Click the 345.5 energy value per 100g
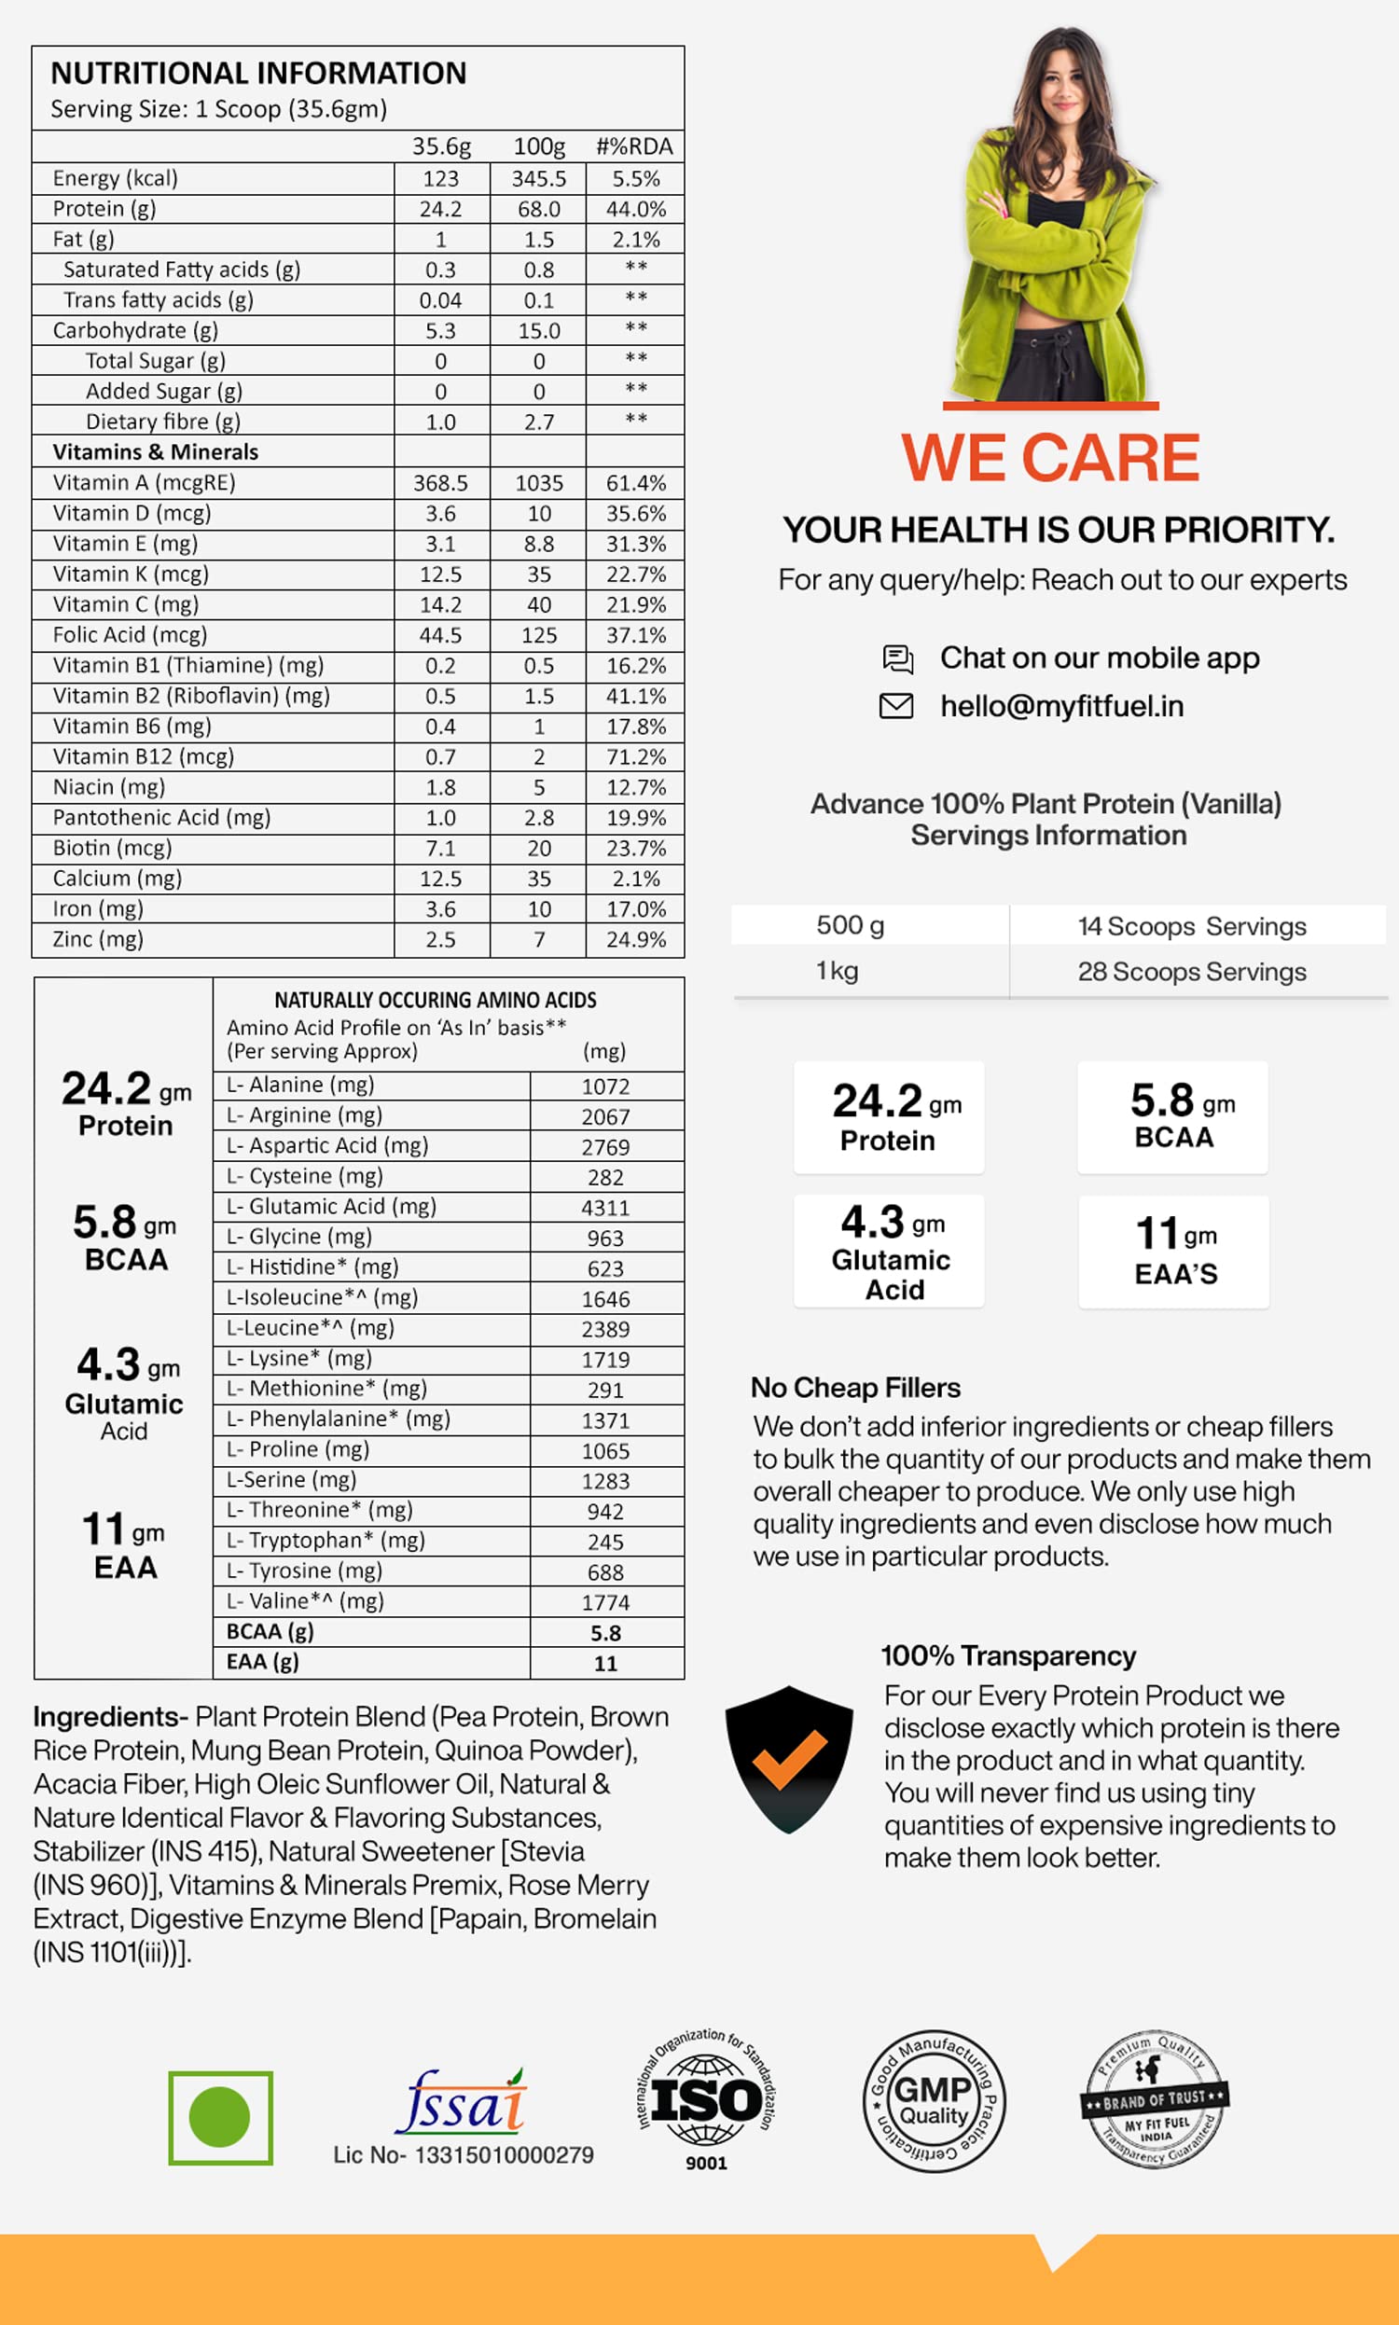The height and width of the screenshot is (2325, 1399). [x=538, y=179]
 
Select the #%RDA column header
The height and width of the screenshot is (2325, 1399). [x=634, y=147]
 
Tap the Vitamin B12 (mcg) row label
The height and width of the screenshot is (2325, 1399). [x=144, y=756]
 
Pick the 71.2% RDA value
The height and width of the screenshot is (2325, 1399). [x=635, y=756]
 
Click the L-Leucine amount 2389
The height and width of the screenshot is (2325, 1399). [x=605, y=1330]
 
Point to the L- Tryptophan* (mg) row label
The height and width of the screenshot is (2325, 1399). [x=326, y=1540]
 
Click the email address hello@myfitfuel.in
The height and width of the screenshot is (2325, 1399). [x=1061, y=706]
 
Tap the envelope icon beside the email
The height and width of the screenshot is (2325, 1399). [x=895, y=706]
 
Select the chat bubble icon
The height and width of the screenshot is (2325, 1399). [x=897, y=658]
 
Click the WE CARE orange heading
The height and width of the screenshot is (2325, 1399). [x=1050, y=458]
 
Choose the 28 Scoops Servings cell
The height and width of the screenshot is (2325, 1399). [x=1192, y=972]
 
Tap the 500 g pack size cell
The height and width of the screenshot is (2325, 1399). [x=851, y=925]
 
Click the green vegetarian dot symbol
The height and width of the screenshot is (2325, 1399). [x=220, y=2117]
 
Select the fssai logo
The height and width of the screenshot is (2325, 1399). [x=462, y=2102]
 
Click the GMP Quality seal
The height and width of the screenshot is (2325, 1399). [x=934, y=2100]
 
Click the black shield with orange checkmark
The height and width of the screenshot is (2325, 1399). [x=789, y=1759]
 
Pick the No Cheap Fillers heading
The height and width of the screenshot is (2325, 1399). [x=855, y=1388]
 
